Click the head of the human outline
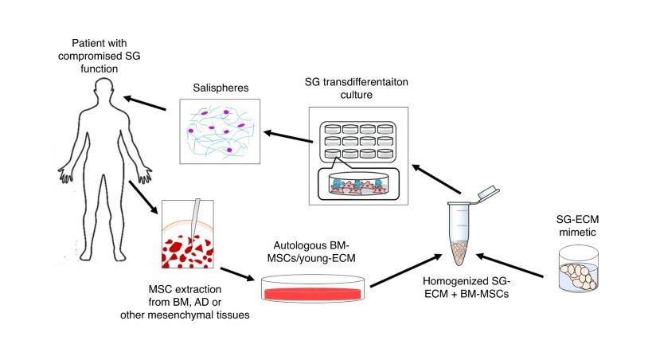pos(103,90)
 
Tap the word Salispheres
pos(221,88)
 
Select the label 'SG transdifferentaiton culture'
pos(357,88)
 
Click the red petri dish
pos(313,288)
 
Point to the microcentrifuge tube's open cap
pos(488,193)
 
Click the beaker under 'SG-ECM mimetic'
pos(579,268)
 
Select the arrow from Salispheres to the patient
pos(145,104)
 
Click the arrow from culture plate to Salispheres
pos(288,137)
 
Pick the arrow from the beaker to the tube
pos(509,265)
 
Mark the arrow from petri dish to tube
pos(406,270)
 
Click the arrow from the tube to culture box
pos(436,179)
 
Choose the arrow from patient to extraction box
pos(143,198)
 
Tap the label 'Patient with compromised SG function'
pos(99,56)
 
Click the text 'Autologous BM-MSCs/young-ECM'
pos(311,252)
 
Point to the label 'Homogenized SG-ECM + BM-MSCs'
pos(467,288)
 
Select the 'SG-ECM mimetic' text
pos(578,225)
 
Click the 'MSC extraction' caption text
pos(185,289)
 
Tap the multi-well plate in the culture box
pos(358,142)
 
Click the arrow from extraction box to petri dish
pos(237,274)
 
